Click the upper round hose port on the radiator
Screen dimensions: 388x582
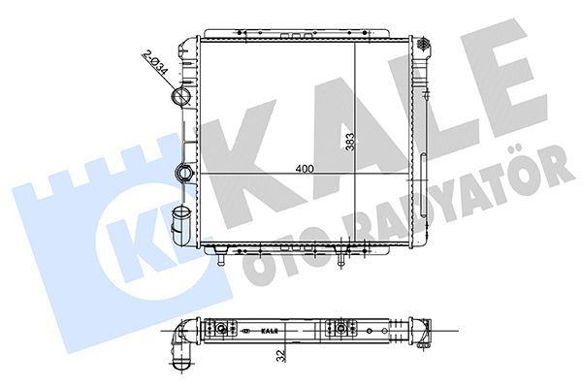click(x=180, y=99)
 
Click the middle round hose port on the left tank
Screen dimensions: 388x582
click(x=183, y=174)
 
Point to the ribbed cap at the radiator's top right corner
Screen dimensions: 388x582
click(x=423, y=44)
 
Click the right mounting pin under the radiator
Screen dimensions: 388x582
click(x=342, y=258)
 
